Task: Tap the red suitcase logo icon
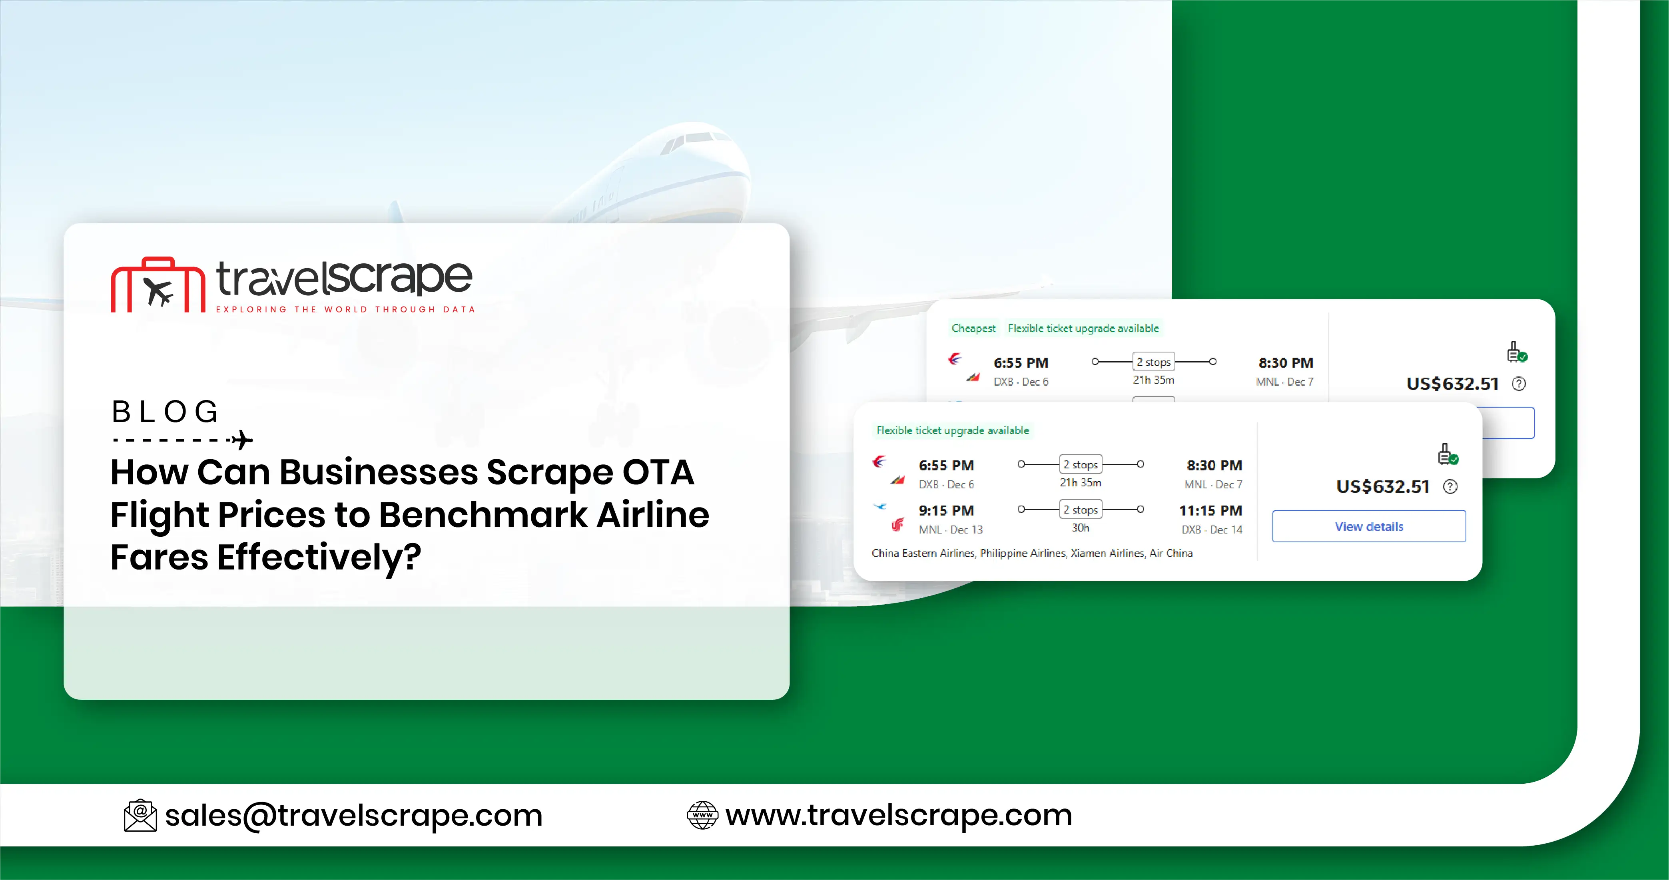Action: coord(158,286)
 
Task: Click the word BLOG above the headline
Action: coord(165,412)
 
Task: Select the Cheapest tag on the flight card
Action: coord(973,328)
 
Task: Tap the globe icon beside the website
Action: coord(702,815)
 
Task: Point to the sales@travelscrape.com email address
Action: coord(354,815)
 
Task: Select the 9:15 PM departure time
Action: coord(946,510)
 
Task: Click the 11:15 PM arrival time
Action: coord(1210,510)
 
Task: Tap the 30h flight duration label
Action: coord(1080,528)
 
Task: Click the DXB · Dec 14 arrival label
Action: coord(1212,530)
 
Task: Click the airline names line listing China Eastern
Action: coord(1031,553)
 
